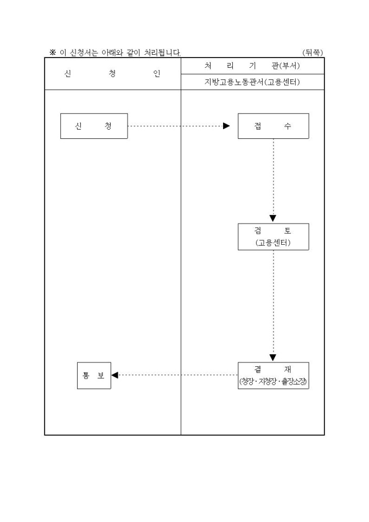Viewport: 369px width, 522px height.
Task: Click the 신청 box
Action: (94, 126)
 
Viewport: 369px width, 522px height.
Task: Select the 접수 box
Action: (273, 126)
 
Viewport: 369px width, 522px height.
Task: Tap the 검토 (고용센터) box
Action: (273, 237)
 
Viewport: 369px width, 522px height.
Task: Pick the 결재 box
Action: (273, 375)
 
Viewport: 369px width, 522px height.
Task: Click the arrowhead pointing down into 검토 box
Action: (273, 219)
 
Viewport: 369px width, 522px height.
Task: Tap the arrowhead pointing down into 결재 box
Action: (273, 358)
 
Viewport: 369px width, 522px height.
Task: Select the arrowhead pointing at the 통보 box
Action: (115, 375)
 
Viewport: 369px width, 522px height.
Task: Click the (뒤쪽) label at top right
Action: (313, 53)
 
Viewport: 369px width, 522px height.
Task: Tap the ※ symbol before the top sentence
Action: (53, 53)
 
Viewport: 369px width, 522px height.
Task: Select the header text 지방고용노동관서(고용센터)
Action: (252, 82)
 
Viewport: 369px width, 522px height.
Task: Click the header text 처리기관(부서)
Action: (252, 66)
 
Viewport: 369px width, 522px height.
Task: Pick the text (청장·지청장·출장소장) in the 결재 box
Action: (273, 382)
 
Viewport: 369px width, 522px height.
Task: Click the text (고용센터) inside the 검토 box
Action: (273, 243)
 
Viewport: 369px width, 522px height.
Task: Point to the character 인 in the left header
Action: (157, 74)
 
